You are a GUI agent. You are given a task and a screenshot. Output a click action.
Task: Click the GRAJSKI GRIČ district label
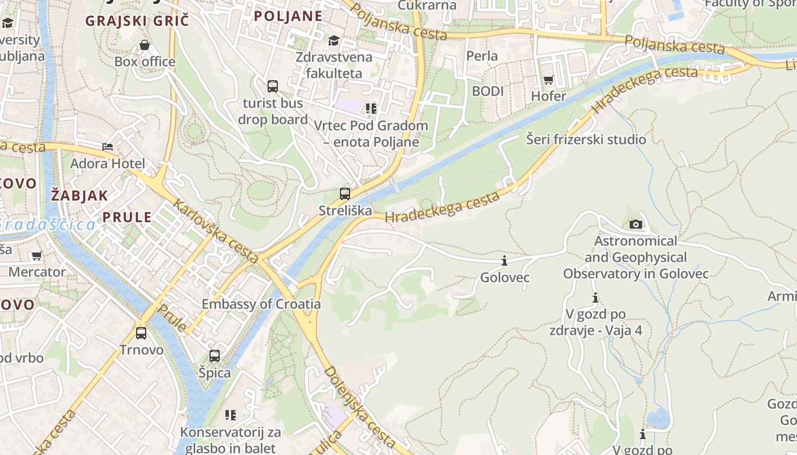click(137, 21)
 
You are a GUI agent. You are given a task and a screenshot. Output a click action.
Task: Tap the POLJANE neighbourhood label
click(288, 16)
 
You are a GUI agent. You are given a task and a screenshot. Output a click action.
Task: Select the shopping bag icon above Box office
click(145, 45)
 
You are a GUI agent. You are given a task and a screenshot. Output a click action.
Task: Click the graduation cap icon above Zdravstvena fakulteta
click(334, 40)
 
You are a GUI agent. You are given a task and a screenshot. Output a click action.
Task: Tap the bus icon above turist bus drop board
click(273, 86)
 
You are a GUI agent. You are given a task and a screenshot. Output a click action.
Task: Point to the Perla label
click(482, 56)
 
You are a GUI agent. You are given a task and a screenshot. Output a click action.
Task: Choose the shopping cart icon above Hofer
click(549, 80)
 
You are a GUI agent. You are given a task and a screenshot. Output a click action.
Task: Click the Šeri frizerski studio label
click(586, 139)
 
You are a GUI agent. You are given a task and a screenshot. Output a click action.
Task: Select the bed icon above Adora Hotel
click(108, 147)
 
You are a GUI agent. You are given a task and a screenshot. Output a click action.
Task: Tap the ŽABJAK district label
click(79, 196)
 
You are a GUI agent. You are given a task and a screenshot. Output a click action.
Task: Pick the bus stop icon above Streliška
click(345, 194)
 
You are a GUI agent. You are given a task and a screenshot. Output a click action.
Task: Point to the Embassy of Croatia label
click(261, 304)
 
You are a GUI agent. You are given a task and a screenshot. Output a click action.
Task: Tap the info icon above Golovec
click(504, 261)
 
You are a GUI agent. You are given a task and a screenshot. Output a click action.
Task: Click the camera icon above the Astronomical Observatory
click(636, 224)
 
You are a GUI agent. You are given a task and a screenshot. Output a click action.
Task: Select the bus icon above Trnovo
click(141, 333)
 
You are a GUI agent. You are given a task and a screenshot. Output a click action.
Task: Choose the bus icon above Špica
click(215, 356)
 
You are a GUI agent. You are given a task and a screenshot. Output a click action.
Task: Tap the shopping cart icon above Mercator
click(37, 256)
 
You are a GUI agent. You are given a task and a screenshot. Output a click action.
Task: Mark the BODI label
click(488, 91)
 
